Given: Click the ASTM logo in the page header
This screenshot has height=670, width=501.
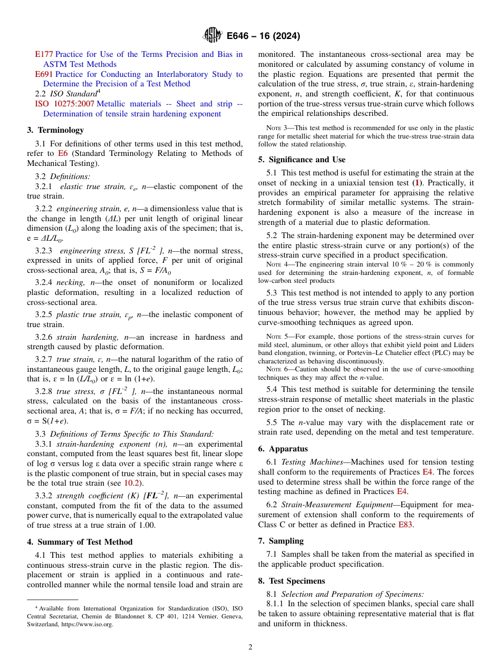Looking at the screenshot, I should (213, 36).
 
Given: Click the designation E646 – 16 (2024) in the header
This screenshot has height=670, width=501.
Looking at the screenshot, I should (263, 36).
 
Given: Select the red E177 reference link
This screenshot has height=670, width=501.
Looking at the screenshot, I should (44, 54).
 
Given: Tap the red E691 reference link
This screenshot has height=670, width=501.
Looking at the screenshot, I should (44, 74).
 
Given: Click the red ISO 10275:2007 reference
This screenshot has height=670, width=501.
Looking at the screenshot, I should (64, 104).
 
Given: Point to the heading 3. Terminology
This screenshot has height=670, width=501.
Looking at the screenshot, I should (55, 130).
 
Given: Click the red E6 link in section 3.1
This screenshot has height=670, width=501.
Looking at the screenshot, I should (63, 153).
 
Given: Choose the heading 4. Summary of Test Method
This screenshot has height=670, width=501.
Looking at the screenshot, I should (80, 542).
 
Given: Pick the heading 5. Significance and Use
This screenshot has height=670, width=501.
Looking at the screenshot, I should (302, 160).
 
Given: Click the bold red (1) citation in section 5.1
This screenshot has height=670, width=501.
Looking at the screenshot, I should (417, 183).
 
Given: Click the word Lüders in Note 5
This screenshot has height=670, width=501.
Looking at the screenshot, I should (463, 344).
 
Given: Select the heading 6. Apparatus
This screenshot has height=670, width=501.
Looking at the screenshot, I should (283, 449).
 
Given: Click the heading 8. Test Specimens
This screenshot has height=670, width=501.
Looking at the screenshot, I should (292, 580).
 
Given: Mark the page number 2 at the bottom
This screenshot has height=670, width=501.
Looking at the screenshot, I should (250, 647).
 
